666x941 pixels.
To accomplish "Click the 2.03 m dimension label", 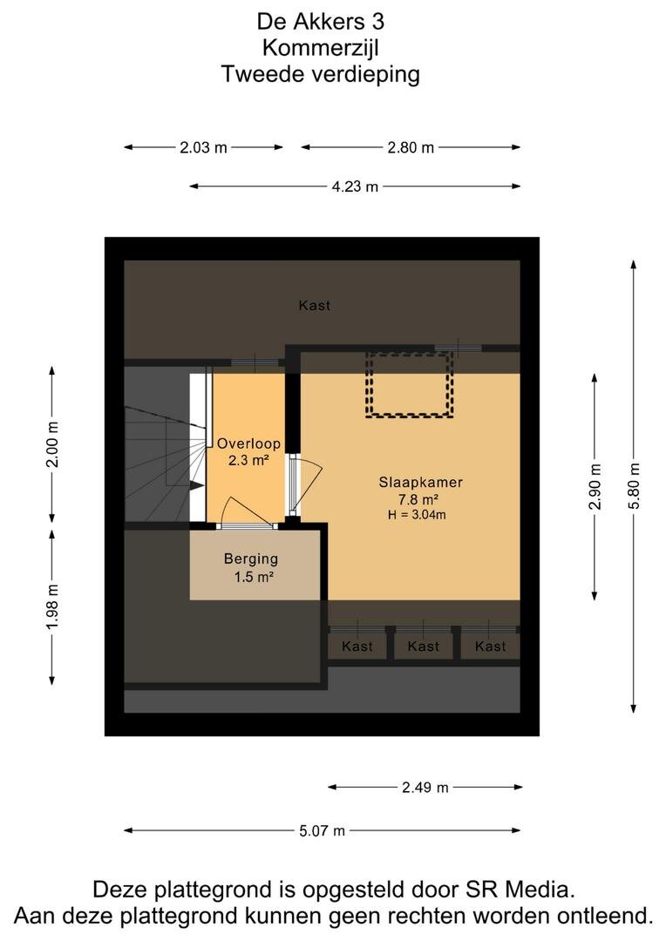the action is [x=204, y=147].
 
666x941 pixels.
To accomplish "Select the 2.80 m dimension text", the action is [x=411, y=147].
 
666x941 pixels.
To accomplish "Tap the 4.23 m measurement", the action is [x=355, y=186].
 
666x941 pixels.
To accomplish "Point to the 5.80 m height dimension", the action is [x=634, y=486].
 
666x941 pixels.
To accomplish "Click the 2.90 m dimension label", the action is [x=595, y=486].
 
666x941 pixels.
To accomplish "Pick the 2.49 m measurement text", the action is [x=425, y=788].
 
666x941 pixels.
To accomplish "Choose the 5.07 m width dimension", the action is [x=323, y=831].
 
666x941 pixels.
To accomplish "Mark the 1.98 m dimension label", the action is [x=52, y=606].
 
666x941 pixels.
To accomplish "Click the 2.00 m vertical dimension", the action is [x=52, y=444].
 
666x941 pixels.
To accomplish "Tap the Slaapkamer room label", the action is [x=420, y=482].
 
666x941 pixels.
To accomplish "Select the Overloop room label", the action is [x=248, y=444].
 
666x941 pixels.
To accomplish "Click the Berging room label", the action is [x=251, y=559].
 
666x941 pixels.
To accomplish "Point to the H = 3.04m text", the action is [x=417, y=514].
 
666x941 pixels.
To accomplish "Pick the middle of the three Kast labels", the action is [x=424, y=647].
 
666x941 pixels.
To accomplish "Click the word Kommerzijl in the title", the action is [x=321, y=48].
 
